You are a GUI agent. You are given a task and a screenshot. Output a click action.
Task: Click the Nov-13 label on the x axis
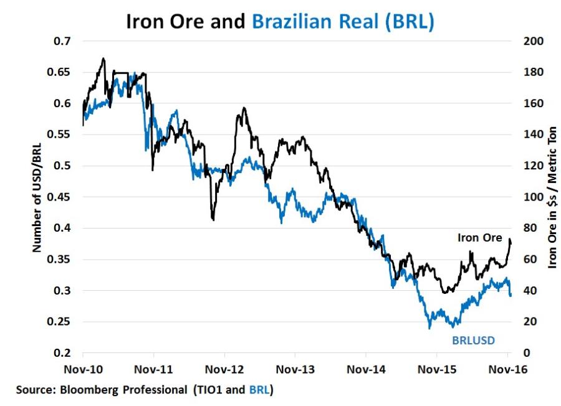click(x=295, y=368)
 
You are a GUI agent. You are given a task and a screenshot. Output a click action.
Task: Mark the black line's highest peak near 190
click(x=103, y=59)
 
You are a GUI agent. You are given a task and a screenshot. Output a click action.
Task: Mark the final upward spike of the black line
click(x=510, y=240)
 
